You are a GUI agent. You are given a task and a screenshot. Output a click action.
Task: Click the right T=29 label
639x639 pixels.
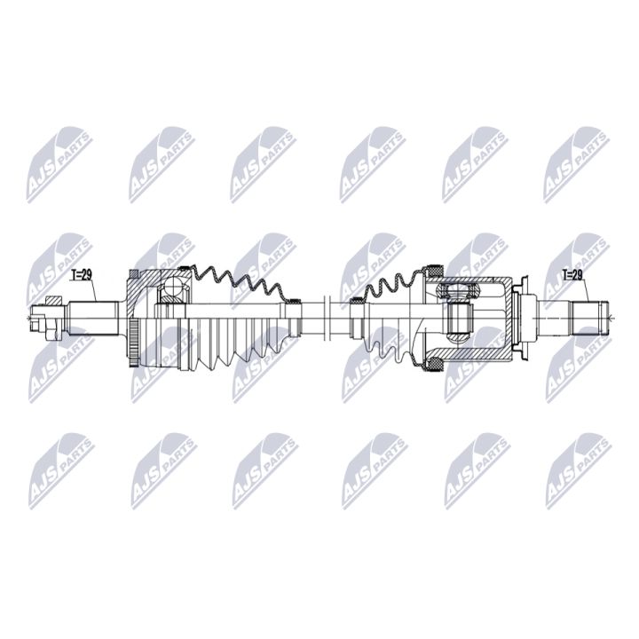coord(572,274)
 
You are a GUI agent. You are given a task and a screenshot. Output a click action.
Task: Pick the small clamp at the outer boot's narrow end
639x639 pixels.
coord(292,303)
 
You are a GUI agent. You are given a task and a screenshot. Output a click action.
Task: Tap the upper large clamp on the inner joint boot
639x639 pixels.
coord(434,268)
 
